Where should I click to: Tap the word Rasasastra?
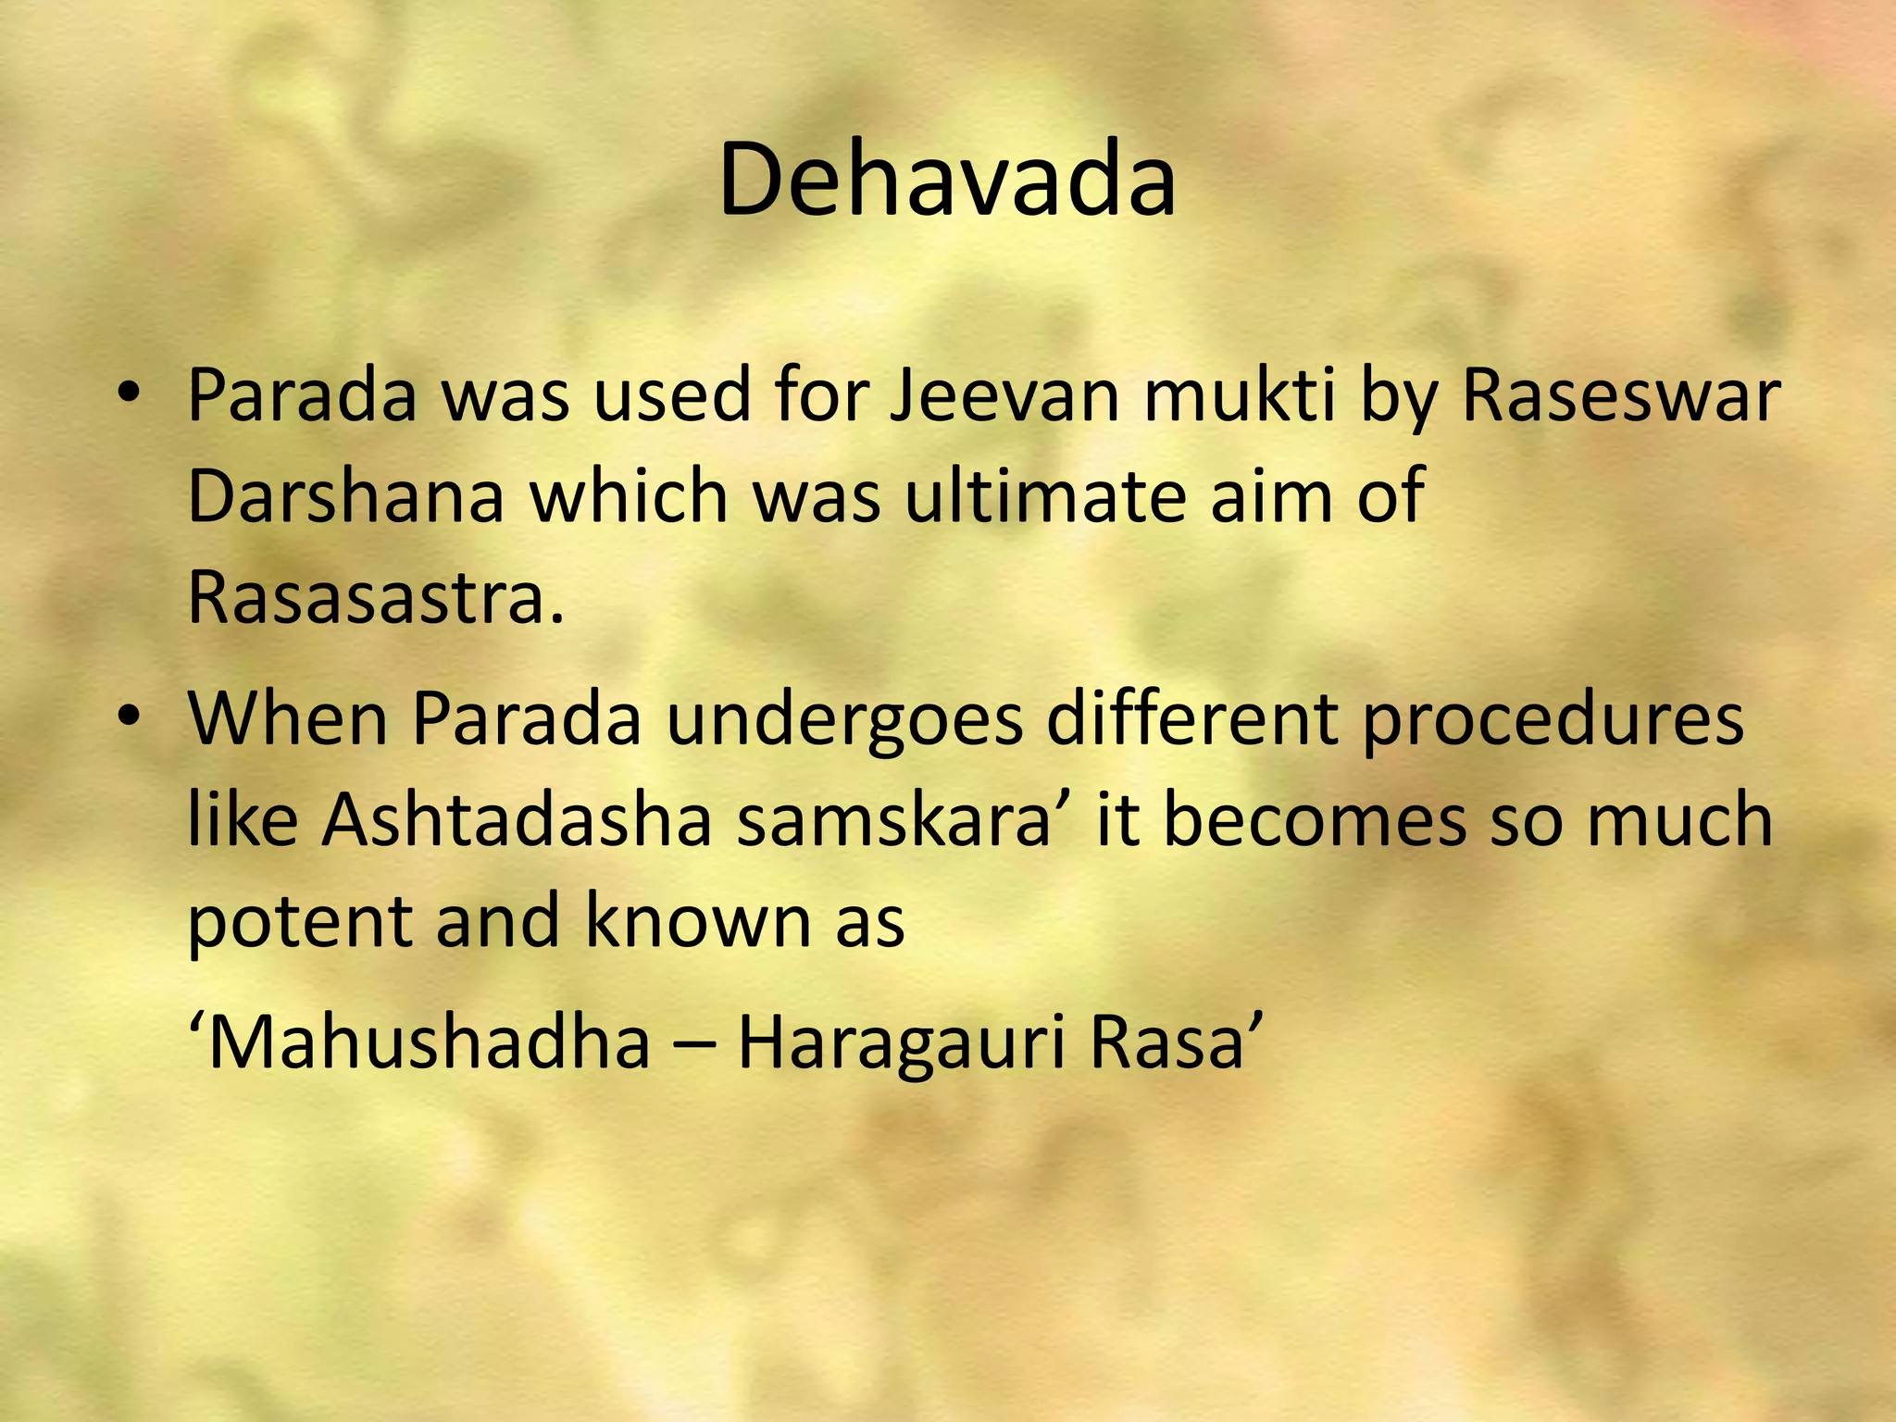pyautogui.click(x=375, y=597)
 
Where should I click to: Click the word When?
pyautogui.click(x=288, y=718)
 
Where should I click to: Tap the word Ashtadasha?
pyautogui.click(x=515, y=820)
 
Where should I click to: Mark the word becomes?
pyautogui.click(x=1315, y=820)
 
